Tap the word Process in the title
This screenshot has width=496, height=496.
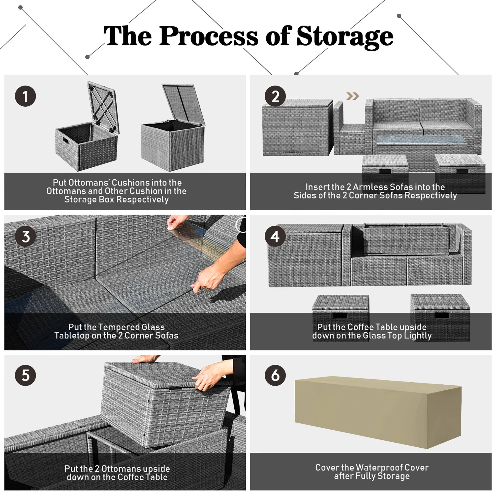209,36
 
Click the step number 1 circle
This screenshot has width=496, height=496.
25,96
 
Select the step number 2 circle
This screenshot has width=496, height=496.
275,96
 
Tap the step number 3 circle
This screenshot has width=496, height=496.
25,236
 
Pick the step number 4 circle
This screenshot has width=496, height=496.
275,236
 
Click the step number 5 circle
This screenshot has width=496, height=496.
25,375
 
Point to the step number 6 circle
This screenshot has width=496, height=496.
275,375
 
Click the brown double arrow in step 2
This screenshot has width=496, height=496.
352,96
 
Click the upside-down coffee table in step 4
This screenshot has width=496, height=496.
406,239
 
